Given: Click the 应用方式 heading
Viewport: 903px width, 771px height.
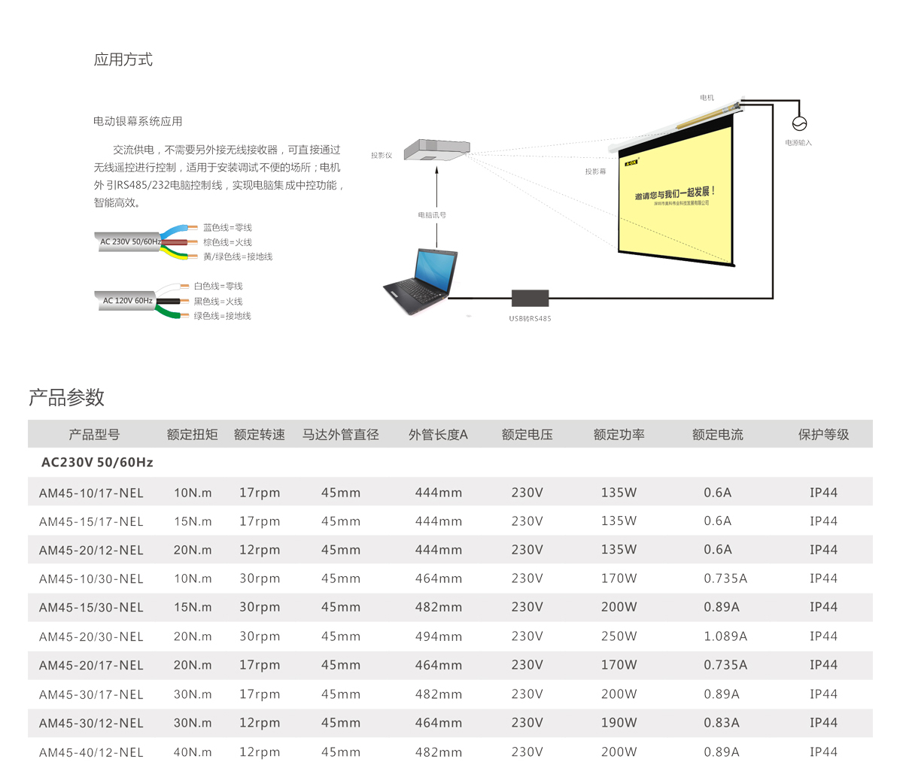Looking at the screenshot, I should tap(123, 60).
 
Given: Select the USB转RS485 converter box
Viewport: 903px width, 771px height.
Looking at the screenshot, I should tap(530, 298).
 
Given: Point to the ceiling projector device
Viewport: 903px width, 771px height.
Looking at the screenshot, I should tap(436, 149).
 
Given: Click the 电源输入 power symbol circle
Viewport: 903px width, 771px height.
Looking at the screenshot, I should tap(799, 124).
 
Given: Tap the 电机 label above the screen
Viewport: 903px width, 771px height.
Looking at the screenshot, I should tap(707, 98).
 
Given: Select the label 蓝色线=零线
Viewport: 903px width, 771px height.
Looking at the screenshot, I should tap(227, 228).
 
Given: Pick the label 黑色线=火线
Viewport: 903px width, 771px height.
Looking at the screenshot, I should tap(218, 302).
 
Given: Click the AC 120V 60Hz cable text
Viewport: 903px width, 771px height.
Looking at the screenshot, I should tap(128, 301).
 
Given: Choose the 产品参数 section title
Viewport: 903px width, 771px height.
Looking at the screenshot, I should tap(66, 398).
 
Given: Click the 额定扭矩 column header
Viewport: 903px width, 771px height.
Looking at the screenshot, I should tap(193, 435).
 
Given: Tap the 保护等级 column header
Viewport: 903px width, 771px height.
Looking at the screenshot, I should tap(823, 435).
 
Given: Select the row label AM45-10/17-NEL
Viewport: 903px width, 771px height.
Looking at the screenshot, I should tap(91, 493).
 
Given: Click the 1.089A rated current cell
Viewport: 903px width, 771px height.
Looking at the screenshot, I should tap(725, 636).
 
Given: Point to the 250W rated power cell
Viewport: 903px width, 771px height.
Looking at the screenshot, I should tap(619, 636).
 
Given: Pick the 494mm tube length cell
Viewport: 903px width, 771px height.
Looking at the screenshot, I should tap(439, 636).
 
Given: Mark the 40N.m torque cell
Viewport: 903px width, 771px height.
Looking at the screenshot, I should tap(193, 752).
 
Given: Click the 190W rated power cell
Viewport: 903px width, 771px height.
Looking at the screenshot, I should tap(619, 723).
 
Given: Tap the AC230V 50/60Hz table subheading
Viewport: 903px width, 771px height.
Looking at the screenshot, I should tap(97, 463).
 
